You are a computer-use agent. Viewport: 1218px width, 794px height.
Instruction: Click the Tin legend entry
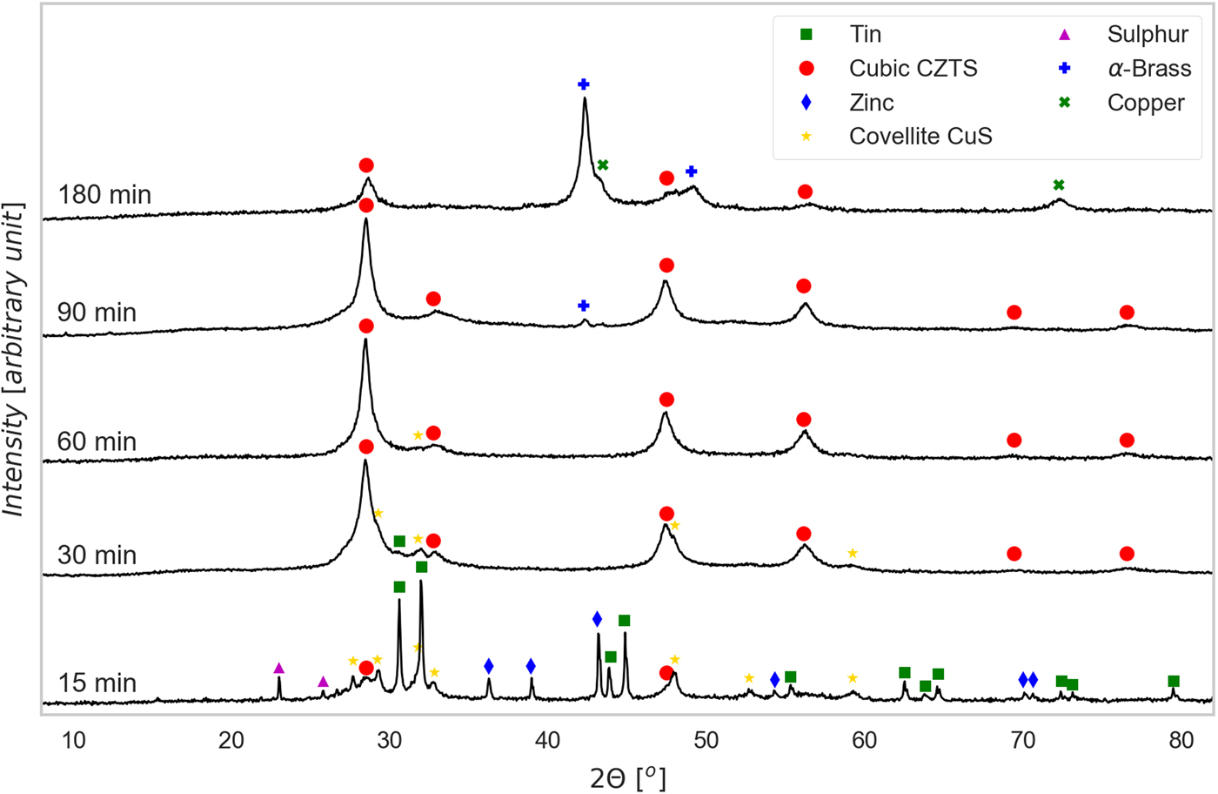coord(865,34)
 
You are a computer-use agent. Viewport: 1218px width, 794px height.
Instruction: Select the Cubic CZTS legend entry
coord(913,68)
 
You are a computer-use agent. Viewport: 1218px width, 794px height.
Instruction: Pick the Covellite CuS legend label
coord(920,136)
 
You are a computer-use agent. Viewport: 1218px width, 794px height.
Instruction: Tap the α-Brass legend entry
coord(1149,68)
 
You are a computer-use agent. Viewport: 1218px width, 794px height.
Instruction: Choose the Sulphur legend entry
coord(1147,34)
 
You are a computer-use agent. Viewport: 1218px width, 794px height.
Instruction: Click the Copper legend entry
coord(1145,103)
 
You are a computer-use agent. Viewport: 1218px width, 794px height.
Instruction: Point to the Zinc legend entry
coord(871,103)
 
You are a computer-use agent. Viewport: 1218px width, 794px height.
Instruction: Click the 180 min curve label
coord(104,194)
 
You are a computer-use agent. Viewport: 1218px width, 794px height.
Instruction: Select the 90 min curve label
coord(97,312)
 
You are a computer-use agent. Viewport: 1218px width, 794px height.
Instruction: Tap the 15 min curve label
coord(97,683)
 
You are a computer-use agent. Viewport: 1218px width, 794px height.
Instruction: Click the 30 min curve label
coord(97,555)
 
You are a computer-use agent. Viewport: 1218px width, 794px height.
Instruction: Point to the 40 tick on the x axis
coord(547,741)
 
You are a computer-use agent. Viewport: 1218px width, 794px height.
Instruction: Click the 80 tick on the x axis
coord(1181,741)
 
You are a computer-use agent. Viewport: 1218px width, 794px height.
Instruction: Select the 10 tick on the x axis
coord(73,741)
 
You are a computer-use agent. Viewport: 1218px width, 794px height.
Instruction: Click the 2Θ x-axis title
coord(628,777)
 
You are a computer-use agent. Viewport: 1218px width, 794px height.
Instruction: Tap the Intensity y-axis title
coord(14,360)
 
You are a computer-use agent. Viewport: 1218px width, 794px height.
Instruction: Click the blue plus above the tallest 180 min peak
coord(584,84)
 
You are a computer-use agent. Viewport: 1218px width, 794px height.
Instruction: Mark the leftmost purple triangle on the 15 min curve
coord(279,669)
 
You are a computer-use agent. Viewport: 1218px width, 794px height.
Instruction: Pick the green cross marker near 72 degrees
coord(1059,185)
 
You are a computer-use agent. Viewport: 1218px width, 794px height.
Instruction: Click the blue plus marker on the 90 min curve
coord(584,306)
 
